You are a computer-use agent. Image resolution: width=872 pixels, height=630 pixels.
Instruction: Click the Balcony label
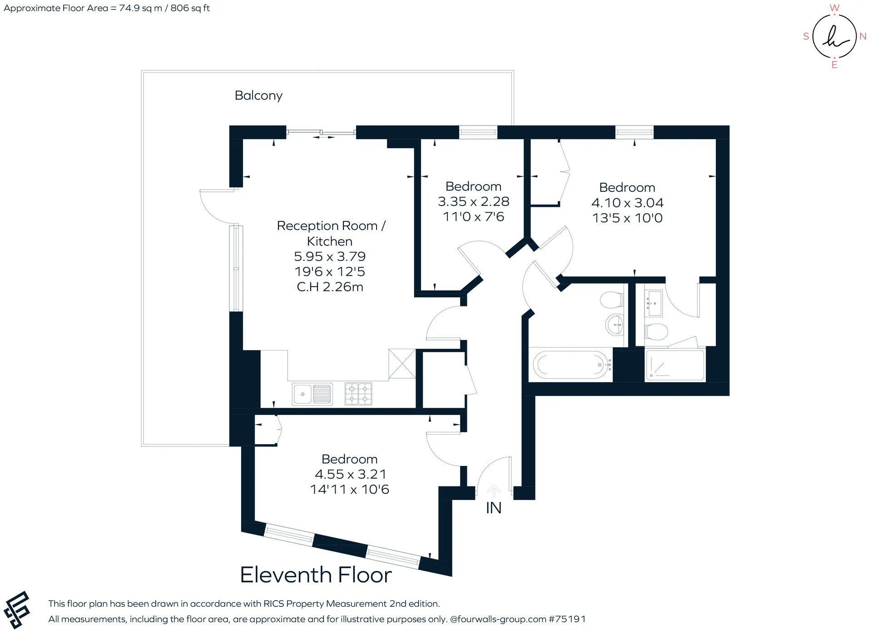point(258,95)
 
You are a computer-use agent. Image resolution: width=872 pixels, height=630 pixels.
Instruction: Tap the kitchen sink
point(312,394)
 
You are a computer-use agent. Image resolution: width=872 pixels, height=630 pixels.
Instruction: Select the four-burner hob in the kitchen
point(358,394)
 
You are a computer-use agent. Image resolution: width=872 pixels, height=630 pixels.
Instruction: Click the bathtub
point(571,365)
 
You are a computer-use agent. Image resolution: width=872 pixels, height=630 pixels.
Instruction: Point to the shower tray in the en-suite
point(675,365)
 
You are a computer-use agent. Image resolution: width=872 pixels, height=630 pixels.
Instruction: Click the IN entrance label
point(494,508)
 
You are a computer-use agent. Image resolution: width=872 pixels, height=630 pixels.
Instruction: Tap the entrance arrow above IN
point(494,491)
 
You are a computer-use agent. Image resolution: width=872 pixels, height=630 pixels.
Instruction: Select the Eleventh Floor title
point(316,575)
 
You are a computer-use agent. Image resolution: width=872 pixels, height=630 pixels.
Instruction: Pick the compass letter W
point(834,8)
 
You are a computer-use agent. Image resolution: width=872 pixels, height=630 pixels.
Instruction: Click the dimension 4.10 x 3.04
point(627,203)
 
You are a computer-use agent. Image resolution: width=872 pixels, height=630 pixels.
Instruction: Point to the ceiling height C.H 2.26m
point(330,287)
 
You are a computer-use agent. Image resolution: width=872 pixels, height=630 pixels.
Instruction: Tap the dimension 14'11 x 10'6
point(349,490)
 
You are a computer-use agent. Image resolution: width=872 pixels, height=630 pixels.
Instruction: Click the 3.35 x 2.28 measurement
point(473,201)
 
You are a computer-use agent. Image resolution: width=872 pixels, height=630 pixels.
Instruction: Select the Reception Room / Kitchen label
point(331,233)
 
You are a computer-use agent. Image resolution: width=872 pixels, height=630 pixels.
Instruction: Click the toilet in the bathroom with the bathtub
point(611,300)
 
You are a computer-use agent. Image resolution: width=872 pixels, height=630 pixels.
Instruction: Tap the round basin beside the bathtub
point(615,325)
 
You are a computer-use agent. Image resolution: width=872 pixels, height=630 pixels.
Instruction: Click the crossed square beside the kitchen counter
point(402,363)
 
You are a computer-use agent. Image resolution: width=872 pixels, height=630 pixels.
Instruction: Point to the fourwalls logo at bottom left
point(17,610)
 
